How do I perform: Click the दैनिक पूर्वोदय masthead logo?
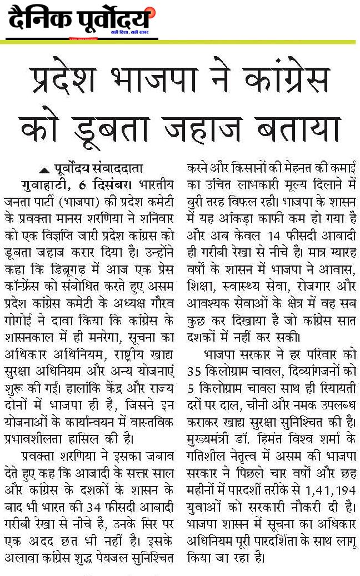point(80,21)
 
